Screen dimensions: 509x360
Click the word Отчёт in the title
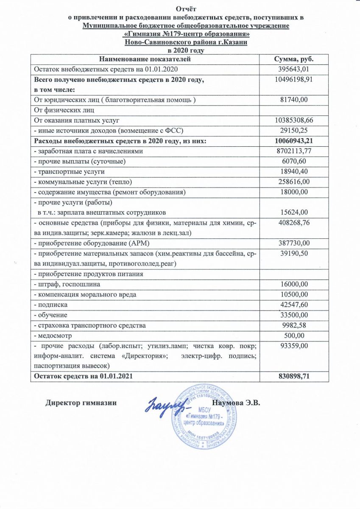[187, 9]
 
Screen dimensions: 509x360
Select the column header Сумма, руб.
[294, 59]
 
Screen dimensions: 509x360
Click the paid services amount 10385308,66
[294, 120]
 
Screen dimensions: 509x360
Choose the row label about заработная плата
[89, 151]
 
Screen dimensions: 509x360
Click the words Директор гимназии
[81, 403]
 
